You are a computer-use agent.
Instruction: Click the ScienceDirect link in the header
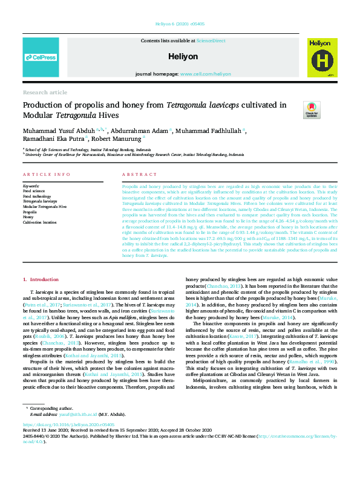click(x=211, y=41)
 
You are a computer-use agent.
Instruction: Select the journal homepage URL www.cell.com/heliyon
click(x=205, y=74)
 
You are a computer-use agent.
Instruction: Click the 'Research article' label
click(x=45, y=92)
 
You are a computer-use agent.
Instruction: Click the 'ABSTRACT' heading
click(x=135, y=175)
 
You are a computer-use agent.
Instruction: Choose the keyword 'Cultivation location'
click(x=41, y=222)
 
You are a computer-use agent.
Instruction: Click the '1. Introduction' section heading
click(x=41, y=280)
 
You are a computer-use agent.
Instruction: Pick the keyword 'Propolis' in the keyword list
click(x=30, y=212)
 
